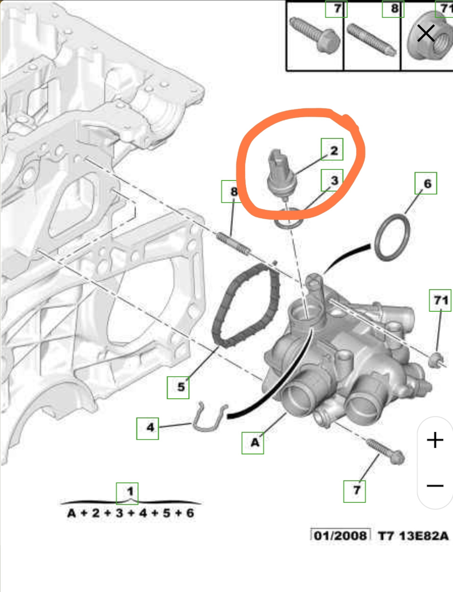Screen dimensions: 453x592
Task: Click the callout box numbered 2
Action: coord(332,149)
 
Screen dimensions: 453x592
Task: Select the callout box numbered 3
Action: coord(332,180)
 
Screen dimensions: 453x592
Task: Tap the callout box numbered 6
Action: coord(426,183)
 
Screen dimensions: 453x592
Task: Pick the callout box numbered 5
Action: coord(178,388)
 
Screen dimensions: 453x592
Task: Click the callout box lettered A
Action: coord(252,443)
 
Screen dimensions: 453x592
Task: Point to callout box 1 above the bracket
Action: coord(127,493)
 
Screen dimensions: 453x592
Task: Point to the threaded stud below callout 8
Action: coord(234,244)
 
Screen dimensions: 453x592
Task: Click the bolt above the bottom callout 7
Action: coord(385,451)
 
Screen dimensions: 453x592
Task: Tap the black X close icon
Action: coord(426,33)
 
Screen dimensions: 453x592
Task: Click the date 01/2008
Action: coord(340,536)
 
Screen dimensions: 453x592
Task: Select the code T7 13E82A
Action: coord(413,536)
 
